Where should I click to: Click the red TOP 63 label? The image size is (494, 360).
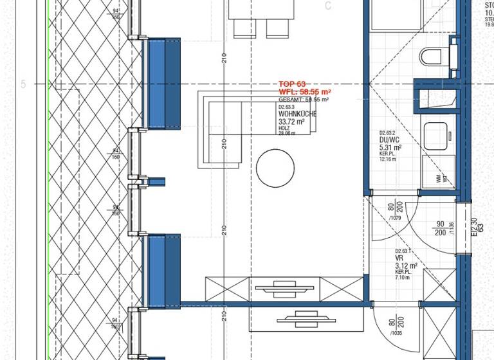[x=292, y=84]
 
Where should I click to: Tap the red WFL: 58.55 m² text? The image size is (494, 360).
[x=304, y=92]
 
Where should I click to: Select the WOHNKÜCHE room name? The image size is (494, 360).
[x=297, y=114]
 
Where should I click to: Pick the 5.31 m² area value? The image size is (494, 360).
[x=391, y=147]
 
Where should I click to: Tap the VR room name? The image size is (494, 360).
[x=399, y=258]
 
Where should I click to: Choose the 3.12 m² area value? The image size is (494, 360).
[x=407, y=265]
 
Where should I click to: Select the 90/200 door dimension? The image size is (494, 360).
[x=441, y=228]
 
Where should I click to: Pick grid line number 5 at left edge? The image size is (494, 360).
[x=24, y=84]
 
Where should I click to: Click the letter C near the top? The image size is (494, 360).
[x=328, y=6]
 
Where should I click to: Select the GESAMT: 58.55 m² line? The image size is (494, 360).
[x=304, y=100]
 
